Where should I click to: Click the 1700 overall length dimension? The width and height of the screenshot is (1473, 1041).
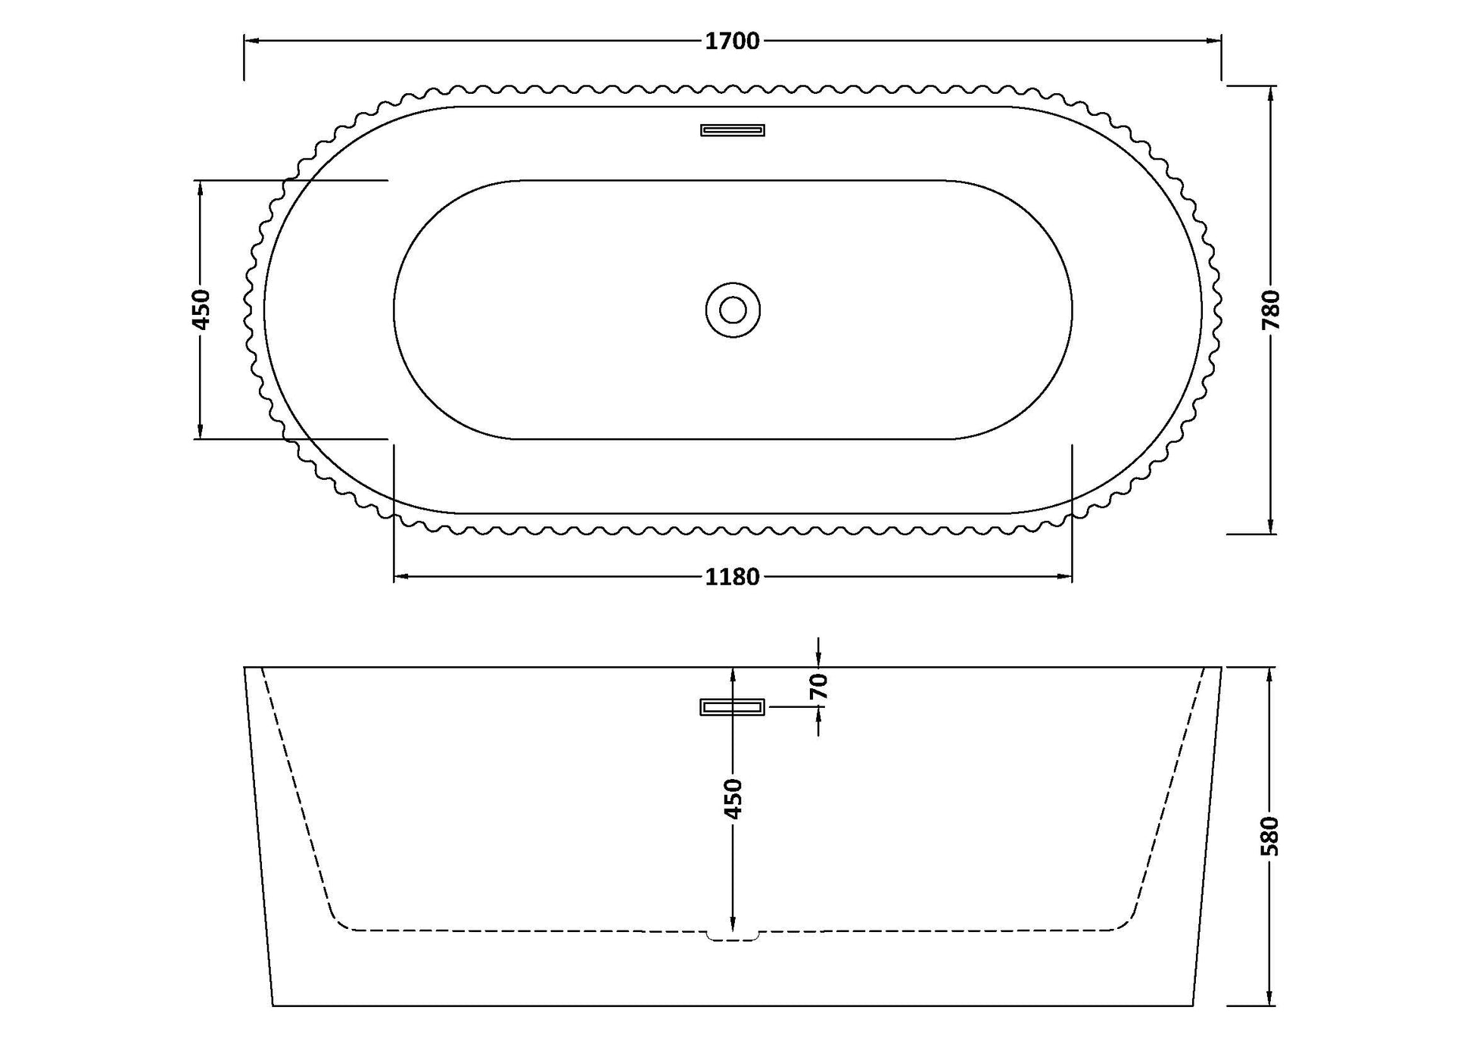[x=732, y=42]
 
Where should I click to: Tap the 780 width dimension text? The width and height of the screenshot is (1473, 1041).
[x=1271, y=310]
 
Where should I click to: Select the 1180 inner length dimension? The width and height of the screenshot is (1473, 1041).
[x=732, y=578]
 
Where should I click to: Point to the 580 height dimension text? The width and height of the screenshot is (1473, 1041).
[x=1271, y=836]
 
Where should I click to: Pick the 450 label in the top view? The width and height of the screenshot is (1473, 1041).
[x=201, y=309]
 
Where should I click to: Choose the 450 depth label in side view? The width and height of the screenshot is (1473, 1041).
[x=733, y=798]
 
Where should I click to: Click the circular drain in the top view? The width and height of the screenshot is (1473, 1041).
[x=732, y=310]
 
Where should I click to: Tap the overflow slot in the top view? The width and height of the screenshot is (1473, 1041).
[x=732, y=130]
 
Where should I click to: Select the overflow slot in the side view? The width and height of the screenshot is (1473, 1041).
[x=732, y=707]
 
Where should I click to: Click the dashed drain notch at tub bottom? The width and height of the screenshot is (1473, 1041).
[x=732, y=936]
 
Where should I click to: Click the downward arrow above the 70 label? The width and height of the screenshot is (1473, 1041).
[x=819, y=659]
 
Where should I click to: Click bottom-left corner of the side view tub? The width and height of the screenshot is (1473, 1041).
[x=272, y=1005]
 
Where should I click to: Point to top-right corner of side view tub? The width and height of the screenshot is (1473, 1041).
[x=1221, y=668]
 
